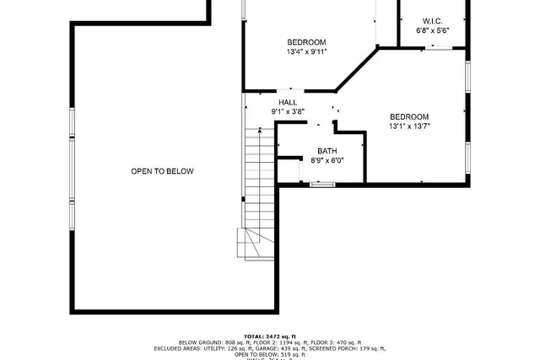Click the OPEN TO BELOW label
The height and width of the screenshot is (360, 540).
[162, 171]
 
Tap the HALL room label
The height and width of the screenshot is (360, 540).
[288, 102]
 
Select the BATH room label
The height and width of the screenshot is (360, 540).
[327, 151]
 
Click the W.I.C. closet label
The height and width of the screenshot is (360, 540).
[432, 21]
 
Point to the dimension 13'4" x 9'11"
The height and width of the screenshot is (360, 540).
[306, 51]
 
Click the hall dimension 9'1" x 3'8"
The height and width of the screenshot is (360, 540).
[288, 111]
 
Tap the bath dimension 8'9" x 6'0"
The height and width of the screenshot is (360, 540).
[327, 160]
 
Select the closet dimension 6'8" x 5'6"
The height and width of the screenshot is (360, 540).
[432, 30]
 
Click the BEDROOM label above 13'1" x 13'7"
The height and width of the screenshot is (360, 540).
[409, 117]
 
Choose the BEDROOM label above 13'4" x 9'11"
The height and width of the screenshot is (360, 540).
[306, 42]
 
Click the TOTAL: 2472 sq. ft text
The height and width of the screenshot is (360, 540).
[270, 336]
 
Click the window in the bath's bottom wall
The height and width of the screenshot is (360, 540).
[322, 183]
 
